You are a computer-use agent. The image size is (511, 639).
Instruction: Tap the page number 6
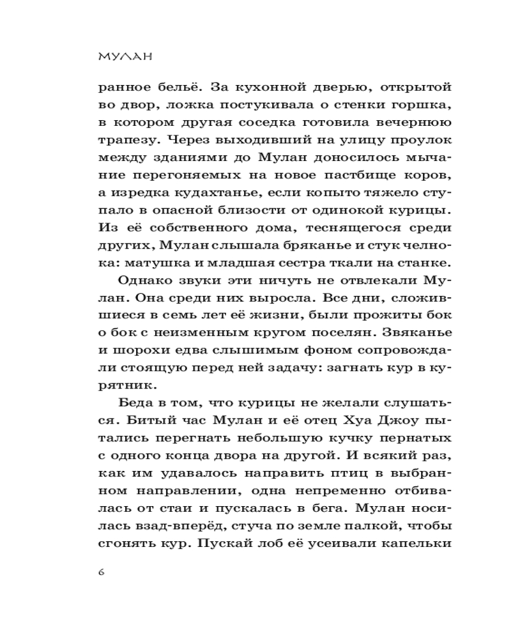102,571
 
